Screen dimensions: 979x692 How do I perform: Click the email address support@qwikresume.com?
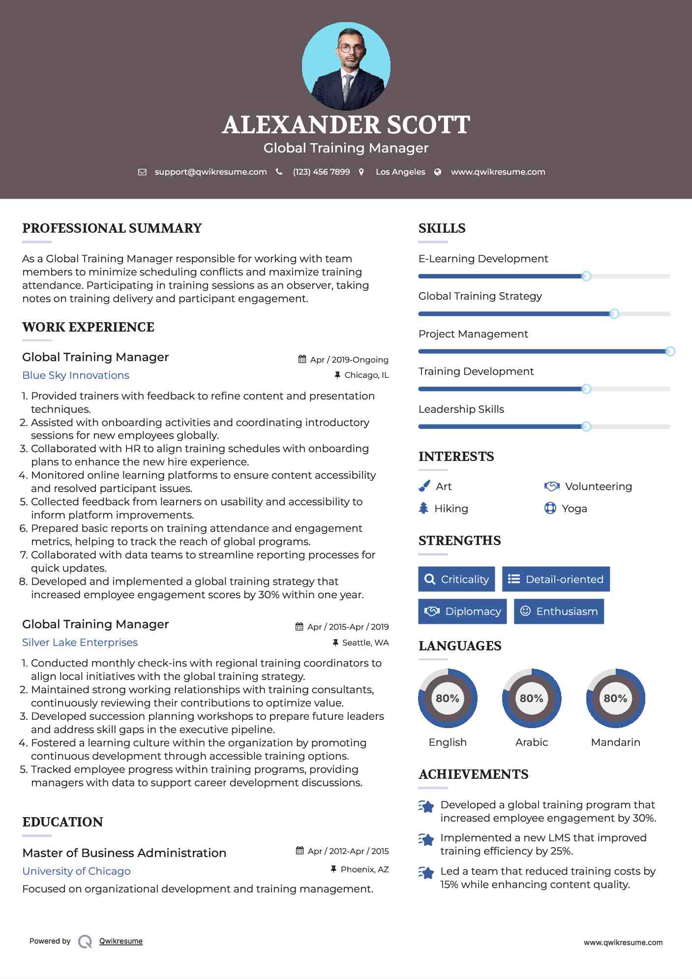211,172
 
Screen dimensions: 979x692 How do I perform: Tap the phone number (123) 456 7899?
321,172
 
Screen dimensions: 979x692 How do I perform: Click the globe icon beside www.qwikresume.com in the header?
438,172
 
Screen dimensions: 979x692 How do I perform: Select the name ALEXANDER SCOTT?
346,125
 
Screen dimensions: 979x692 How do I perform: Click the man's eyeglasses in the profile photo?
351,48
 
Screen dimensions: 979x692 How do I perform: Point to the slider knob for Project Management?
670,351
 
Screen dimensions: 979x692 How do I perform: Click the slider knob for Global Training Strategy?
614,314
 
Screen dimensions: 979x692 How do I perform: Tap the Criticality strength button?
456,579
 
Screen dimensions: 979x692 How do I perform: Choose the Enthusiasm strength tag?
559,611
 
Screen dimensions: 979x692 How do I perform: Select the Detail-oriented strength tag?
556,579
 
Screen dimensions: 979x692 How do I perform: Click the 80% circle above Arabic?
531,698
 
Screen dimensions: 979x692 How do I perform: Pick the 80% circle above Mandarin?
615,698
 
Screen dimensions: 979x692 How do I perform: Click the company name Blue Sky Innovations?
76,375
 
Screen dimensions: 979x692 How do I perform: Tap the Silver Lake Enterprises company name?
80,642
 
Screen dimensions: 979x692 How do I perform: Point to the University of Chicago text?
76,871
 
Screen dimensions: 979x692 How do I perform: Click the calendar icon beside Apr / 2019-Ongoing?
302,359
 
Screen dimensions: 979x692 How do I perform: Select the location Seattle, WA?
365,642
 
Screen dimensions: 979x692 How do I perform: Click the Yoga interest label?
574,509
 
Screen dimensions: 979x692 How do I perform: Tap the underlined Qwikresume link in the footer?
121,941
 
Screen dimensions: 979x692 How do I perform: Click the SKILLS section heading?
442,228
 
